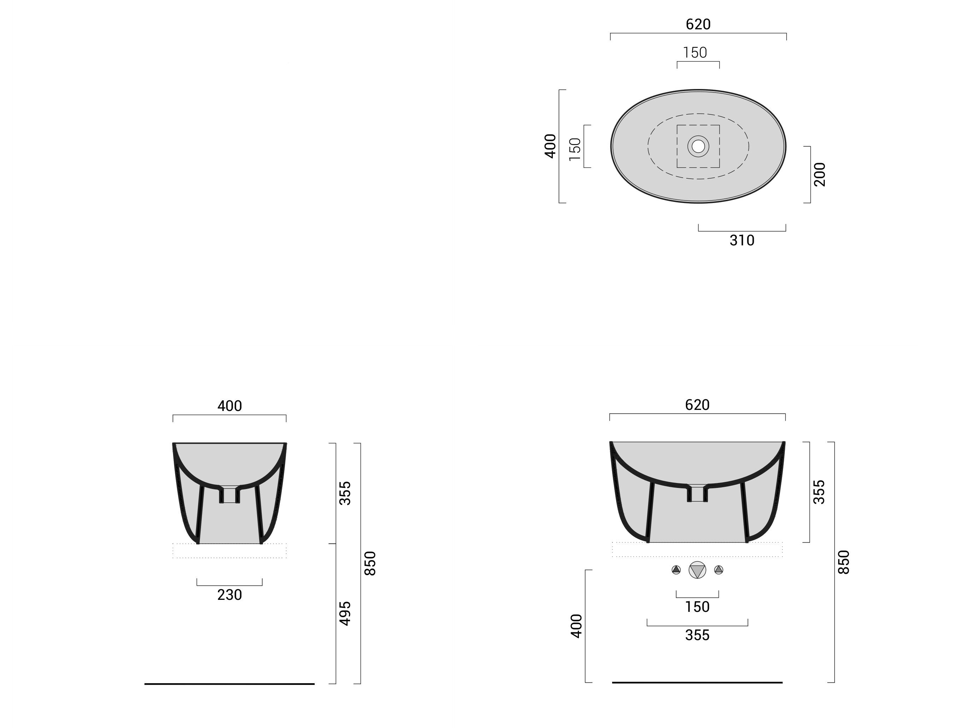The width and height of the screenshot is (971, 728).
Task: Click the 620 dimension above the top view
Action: click(698, 24)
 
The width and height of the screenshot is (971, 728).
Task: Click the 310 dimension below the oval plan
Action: click(742, 240)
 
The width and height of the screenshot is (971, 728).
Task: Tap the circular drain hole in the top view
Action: click(698, 146)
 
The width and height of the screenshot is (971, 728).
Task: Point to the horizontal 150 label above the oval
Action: click(695, 53)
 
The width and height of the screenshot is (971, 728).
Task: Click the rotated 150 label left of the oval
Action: click(575, 149)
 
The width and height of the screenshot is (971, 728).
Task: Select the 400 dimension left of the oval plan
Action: click(550, 146)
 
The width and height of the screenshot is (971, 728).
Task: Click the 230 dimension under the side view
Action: click(230, 595)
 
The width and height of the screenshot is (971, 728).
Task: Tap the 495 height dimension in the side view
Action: click(345, 614)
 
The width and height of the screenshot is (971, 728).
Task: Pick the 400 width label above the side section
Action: click(230, 406)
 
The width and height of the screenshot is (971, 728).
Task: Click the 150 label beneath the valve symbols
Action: click(697, 607)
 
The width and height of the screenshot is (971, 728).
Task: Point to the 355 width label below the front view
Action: click(697, 635)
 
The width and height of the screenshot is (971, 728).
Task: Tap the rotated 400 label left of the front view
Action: click(576, 626)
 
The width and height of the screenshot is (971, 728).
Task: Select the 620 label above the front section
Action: click(697, 405)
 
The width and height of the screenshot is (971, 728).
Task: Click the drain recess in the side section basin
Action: click(230, 495)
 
